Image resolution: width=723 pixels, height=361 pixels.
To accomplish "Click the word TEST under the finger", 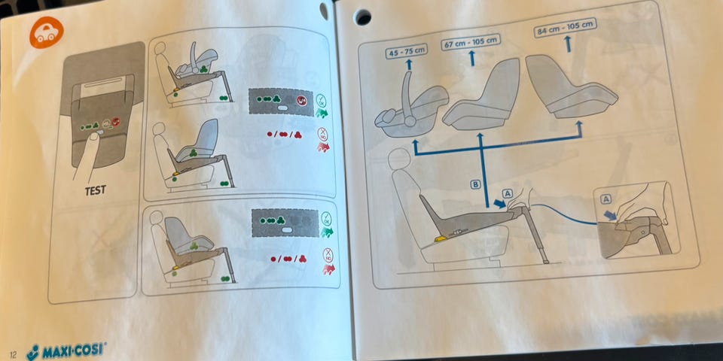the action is click(x=96, y=190).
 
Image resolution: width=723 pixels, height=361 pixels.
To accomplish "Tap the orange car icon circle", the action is click(x=47, y=32).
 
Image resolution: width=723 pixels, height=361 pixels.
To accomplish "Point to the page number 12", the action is click(x=13, y=355).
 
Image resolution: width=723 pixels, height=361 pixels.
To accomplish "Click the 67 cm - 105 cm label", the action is click(x=470, y=43).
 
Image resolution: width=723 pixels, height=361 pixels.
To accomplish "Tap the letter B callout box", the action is click(x=475, y=185).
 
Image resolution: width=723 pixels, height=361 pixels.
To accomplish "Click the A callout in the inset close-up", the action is click(x=606, y=199).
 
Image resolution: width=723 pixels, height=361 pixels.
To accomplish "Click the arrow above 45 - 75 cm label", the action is click(x=408, y=65).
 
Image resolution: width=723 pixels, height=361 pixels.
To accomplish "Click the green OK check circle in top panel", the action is click(x=321, y=100).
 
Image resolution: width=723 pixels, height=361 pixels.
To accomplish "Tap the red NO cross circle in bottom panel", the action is click(x=328, y=254).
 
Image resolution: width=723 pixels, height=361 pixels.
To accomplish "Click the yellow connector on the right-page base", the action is click(x=440, y=239).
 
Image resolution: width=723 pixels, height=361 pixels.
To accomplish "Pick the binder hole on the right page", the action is click(x=362, y=17).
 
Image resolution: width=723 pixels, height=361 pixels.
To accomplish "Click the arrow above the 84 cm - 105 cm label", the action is click(x=568, y=44).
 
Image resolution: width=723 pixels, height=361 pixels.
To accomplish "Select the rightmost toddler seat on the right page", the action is click(x=570, y=87).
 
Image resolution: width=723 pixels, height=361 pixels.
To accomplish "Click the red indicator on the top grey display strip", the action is click(x=301, y=100).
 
